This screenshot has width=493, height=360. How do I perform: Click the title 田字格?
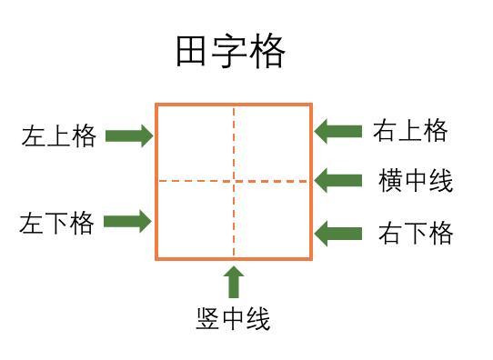230,53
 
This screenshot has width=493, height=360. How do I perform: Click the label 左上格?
59,136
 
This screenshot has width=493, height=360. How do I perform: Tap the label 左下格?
57,223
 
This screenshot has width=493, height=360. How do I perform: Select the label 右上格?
410,131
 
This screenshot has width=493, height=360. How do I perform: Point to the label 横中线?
416,181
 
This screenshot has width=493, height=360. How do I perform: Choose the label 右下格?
416,234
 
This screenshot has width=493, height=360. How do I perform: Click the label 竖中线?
233,319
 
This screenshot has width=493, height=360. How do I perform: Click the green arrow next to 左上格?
128,136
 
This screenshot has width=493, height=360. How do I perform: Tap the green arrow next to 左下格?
127,221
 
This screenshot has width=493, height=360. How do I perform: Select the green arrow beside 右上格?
338,131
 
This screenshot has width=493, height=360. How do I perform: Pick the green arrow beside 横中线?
338,180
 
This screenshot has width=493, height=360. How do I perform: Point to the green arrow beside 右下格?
338,234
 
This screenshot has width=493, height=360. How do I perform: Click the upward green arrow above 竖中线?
234,282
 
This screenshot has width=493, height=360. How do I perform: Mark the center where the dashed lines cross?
234,181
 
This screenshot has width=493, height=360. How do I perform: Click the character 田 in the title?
193,53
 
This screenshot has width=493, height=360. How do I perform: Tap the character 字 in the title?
230,53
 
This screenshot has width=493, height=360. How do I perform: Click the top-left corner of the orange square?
156,105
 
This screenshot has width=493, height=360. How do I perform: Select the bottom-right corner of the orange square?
312,259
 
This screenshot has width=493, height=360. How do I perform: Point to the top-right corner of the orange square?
312,105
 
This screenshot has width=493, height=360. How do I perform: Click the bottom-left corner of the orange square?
156,259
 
